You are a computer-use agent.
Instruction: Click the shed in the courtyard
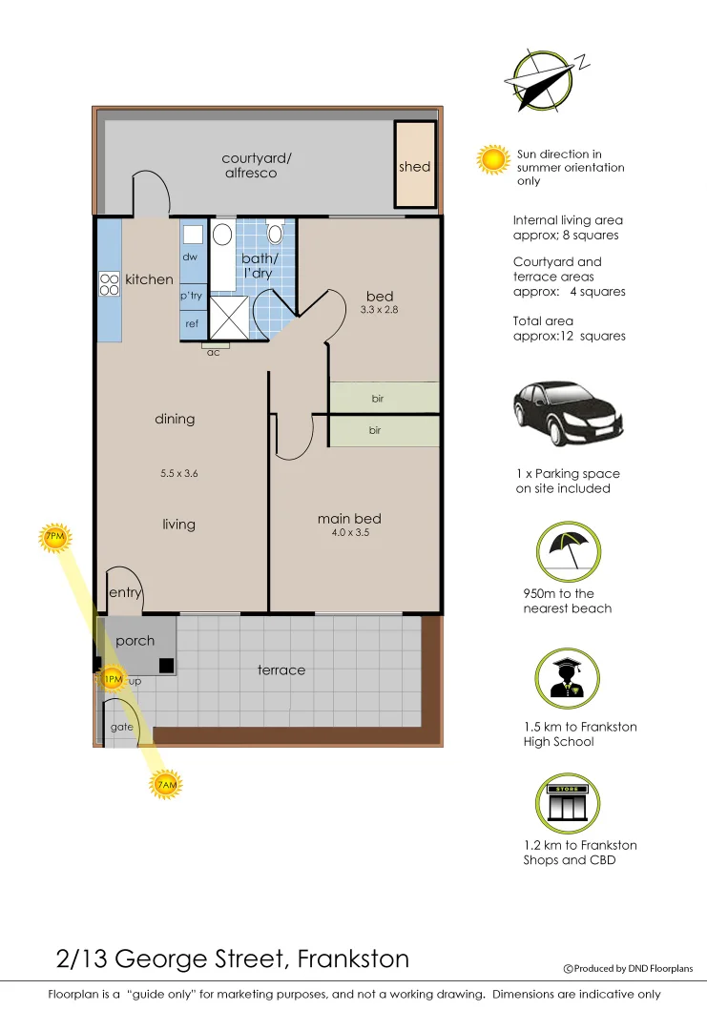[415, 166]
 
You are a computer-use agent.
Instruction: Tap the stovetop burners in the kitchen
[109, 282]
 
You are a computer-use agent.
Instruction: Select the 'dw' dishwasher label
[189, 257]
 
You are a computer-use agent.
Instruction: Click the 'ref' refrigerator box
[192, 323]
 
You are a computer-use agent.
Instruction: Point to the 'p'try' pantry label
[191, 296]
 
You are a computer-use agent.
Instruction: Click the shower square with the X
[228, 317]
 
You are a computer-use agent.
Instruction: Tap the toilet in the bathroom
[275, 232]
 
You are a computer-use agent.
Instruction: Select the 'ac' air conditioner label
[214, 352]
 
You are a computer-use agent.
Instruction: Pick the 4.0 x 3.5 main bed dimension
[349, 533]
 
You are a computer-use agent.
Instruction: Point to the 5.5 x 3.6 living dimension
[178, 473]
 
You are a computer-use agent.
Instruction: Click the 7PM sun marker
[54, 539]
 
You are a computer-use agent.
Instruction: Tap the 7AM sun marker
[165, 785]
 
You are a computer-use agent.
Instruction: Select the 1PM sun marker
[112, 679]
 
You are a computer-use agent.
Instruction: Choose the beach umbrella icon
[568, 552]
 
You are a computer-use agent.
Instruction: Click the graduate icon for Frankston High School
[568, 678]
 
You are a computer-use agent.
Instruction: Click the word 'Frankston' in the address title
[354, 958]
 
